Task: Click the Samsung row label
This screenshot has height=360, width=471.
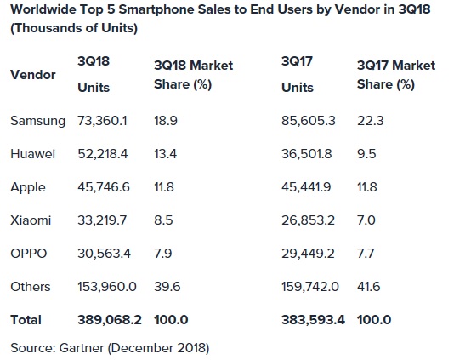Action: point(38,121)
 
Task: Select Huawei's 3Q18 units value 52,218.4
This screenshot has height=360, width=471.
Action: point(103,154)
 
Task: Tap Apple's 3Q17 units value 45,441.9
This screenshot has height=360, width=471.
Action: point(306,187)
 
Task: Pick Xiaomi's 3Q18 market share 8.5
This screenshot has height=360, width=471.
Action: point(163,220)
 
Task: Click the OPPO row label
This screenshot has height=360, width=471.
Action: point(29,254)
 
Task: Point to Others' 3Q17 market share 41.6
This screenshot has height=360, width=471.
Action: point(369,286)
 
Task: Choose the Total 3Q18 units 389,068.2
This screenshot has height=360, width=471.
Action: point(110,320)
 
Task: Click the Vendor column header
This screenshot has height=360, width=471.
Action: point(33,75)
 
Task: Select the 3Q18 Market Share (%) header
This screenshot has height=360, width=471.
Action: point(194,75)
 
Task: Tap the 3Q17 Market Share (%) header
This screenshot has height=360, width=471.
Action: point(396,75)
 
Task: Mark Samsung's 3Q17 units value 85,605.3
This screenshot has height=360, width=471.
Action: point(309,121)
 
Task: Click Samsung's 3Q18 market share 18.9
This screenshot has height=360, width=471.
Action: point(166,121)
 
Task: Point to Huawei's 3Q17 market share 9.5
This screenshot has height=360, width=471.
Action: point(366,154)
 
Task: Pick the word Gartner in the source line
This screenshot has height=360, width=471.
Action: point(82,348)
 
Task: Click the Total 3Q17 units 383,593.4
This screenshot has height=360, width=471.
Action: point(314,320)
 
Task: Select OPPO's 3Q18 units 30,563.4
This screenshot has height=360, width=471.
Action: point(105,254)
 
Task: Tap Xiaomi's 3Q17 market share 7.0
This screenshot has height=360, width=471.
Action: point(366,220)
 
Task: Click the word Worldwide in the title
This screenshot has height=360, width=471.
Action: point(43,9)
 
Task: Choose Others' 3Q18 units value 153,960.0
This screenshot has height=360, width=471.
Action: point(107,286)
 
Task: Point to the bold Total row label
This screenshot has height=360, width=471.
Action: point(26,320)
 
